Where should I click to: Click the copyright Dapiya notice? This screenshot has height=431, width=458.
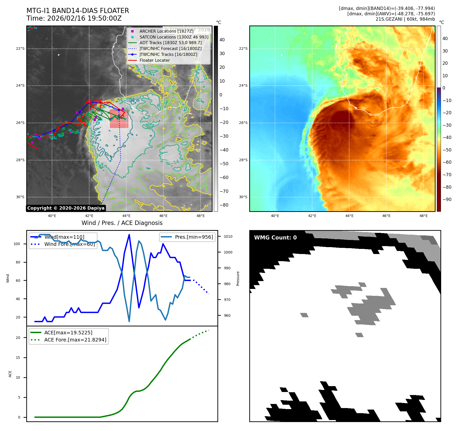pyautogui.click(x=66, y=208)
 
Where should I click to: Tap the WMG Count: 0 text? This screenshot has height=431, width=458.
pyautogui.click(x=275, y=238)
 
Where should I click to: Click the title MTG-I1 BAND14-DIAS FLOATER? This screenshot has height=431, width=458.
pyautogui.click(x=78, y=11)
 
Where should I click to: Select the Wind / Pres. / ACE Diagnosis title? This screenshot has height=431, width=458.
pyautogui.click(x=122, y=223)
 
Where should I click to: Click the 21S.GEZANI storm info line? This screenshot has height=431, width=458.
pyautogui.click(x=405, y=19)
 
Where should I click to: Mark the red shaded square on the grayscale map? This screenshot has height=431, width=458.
pyautogui.click(x=119, y=119)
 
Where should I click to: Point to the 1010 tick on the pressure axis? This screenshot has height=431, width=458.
pyautogui.click(x=228, y=236)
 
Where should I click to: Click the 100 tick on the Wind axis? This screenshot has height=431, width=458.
pyautogui.click(x=17, y=244)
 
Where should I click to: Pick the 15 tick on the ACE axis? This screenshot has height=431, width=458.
pyautogui.click(x=18, y=358)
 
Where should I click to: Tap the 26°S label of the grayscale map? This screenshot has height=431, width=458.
pyautogui.click(x=20, y=123)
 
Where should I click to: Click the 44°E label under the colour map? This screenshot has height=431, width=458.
pyautogui.click(x=349, y=216)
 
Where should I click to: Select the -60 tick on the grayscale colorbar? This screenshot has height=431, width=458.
pyautogui.click(x=224, y=178)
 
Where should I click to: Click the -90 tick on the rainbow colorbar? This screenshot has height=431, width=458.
pyautogui.click(x=447, y=199)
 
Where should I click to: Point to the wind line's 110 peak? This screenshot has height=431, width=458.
pyautogui.click(x=129, y=235)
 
